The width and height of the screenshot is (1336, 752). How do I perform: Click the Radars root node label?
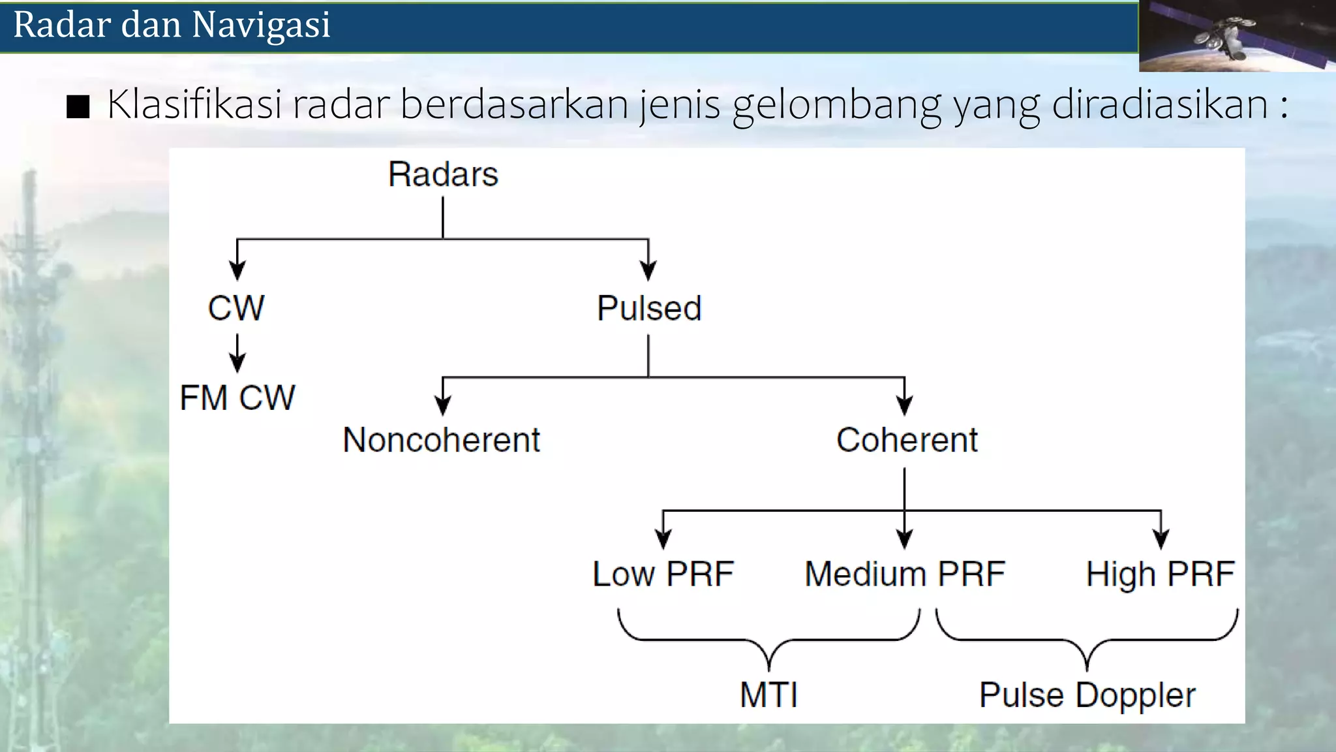pyautogui.click(x=443, y=175)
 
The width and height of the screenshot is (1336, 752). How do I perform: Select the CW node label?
pyautogui.click(x=236, y=308)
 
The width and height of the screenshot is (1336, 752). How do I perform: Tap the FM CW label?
pyautogui.click(x=237, y=398)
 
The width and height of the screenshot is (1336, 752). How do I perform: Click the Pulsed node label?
pyautogui.click(x=649, y=308)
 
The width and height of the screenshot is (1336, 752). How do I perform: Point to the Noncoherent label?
pyautogui.click(x=442, y=440)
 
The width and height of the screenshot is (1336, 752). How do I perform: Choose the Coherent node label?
pyautogui.click(x=907, y=440)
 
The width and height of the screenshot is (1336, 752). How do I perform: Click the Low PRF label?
pyautogui.click(x=663, y=574)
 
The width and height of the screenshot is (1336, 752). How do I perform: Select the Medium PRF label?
pyautogui.click(x=905, y=574)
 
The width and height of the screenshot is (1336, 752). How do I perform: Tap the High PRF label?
pyautogui.click(x=1160, y=574)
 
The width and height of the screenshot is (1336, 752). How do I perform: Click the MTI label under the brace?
pyautogui.click(x=768, y=695)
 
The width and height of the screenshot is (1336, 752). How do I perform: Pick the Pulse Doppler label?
pyautogui.click(x=1087, y=695)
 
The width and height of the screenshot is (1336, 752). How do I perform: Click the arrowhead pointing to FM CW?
pyautogui.click(x=237, y=362)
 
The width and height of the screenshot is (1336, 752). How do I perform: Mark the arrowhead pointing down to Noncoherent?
pyautogui.click(x=443, y=406)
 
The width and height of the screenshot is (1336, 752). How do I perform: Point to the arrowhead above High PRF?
pyautogui.click(x=1161, y=539)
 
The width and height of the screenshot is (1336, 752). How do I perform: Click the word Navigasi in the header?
pyautogui.click(x=261, y=25)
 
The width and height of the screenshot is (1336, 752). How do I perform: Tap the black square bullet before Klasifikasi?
pyautogui.click(x=78, y=106)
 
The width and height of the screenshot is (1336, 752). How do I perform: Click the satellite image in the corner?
pyautogui.click(x=1236, y=36)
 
